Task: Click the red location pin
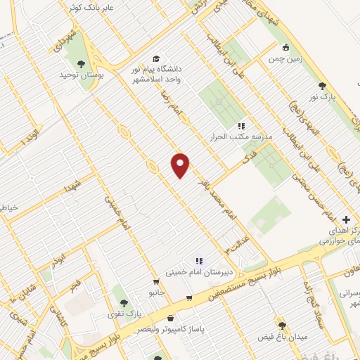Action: coord(181,165)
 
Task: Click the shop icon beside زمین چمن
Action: coord(285,49)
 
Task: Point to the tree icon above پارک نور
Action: coord(322,84)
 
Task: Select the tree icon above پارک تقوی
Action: coord(124,303)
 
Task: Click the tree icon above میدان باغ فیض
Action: coord(283,326)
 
